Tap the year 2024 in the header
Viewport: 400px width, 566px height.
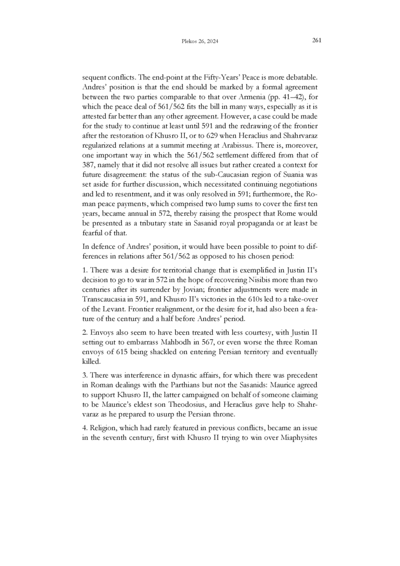pyautogui.click(x=213, y=42)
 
